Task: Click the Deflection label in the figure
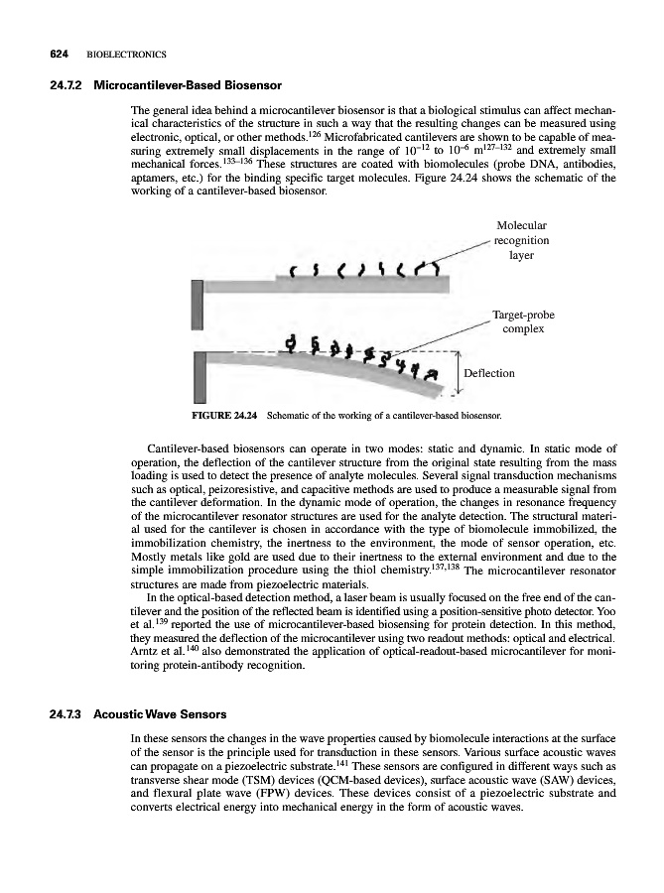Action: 491,374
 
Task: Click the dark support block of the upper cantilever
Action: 198,305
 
